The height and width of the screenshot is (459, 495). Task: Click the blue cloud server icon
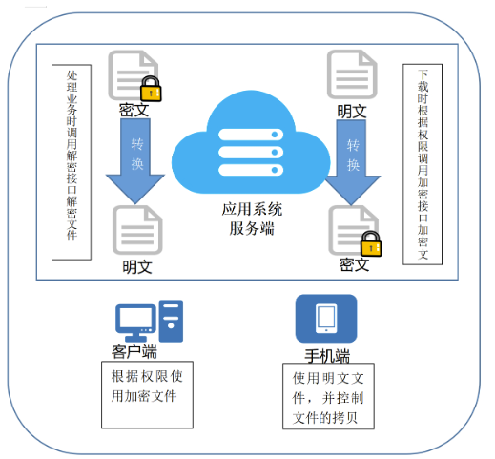[251, 143]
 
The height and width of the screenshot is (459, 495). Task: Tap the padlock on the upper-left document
[151, 89]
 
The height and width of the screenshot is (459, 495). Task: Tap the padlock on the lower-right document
[371, 243]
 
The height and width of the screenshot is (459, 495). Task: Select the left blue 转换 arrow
[135, 159]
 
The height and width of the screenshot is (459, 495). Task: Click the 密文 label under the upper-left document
[134, 110]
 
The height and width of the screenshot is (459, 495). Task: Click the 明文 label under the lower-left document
[137, 266]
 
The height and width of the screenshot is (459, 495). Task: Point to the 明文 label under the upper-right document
[352, 112]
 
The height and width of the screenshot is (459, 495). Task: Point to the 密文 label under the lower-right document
[355, 264]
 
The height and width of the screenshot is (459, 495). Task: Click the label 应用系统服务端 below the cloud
[252, 219]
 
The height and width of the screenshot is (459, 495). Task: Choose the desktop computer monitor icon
[135, 323]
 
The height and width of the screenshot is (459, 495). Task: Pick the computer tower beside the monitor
[171, 321]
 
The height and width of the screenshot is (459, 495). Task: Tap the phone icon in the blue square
[326, 319]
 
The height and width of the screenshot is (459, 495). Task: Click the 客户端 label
[134, 352]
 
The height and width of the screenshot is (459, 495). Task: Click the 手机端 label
[327, 356]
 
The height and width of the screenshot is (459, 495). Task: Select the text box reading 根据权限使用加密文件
[147, 395]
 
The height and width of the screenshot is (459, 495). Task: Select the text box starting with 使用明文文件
[328, 396]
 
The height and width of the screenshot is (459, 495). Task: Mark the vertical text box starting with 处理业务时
[72, 162]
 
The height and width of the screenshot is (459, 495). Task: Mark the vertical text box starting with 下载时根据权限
[423, 164]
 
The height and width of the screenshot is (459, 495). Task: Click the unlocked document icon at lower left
[137, 230]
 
